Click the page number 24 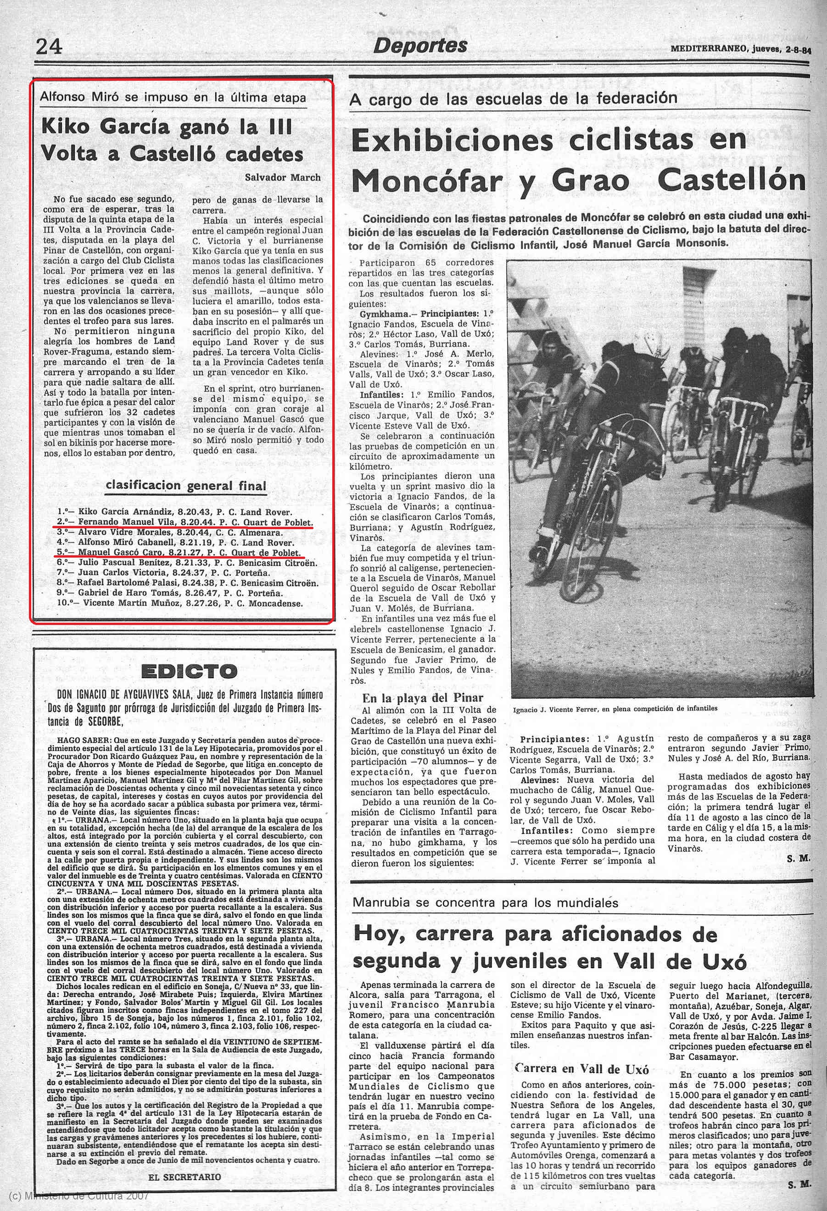[49, 46]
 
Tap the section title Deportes [420, 46]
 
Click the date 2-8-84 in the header [799, 50]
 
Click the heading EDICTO [189, 671]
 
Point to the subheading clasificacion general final [186, 485]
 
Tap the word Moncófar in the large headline [428, 181]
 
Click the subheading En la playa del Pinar [423, 698]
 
